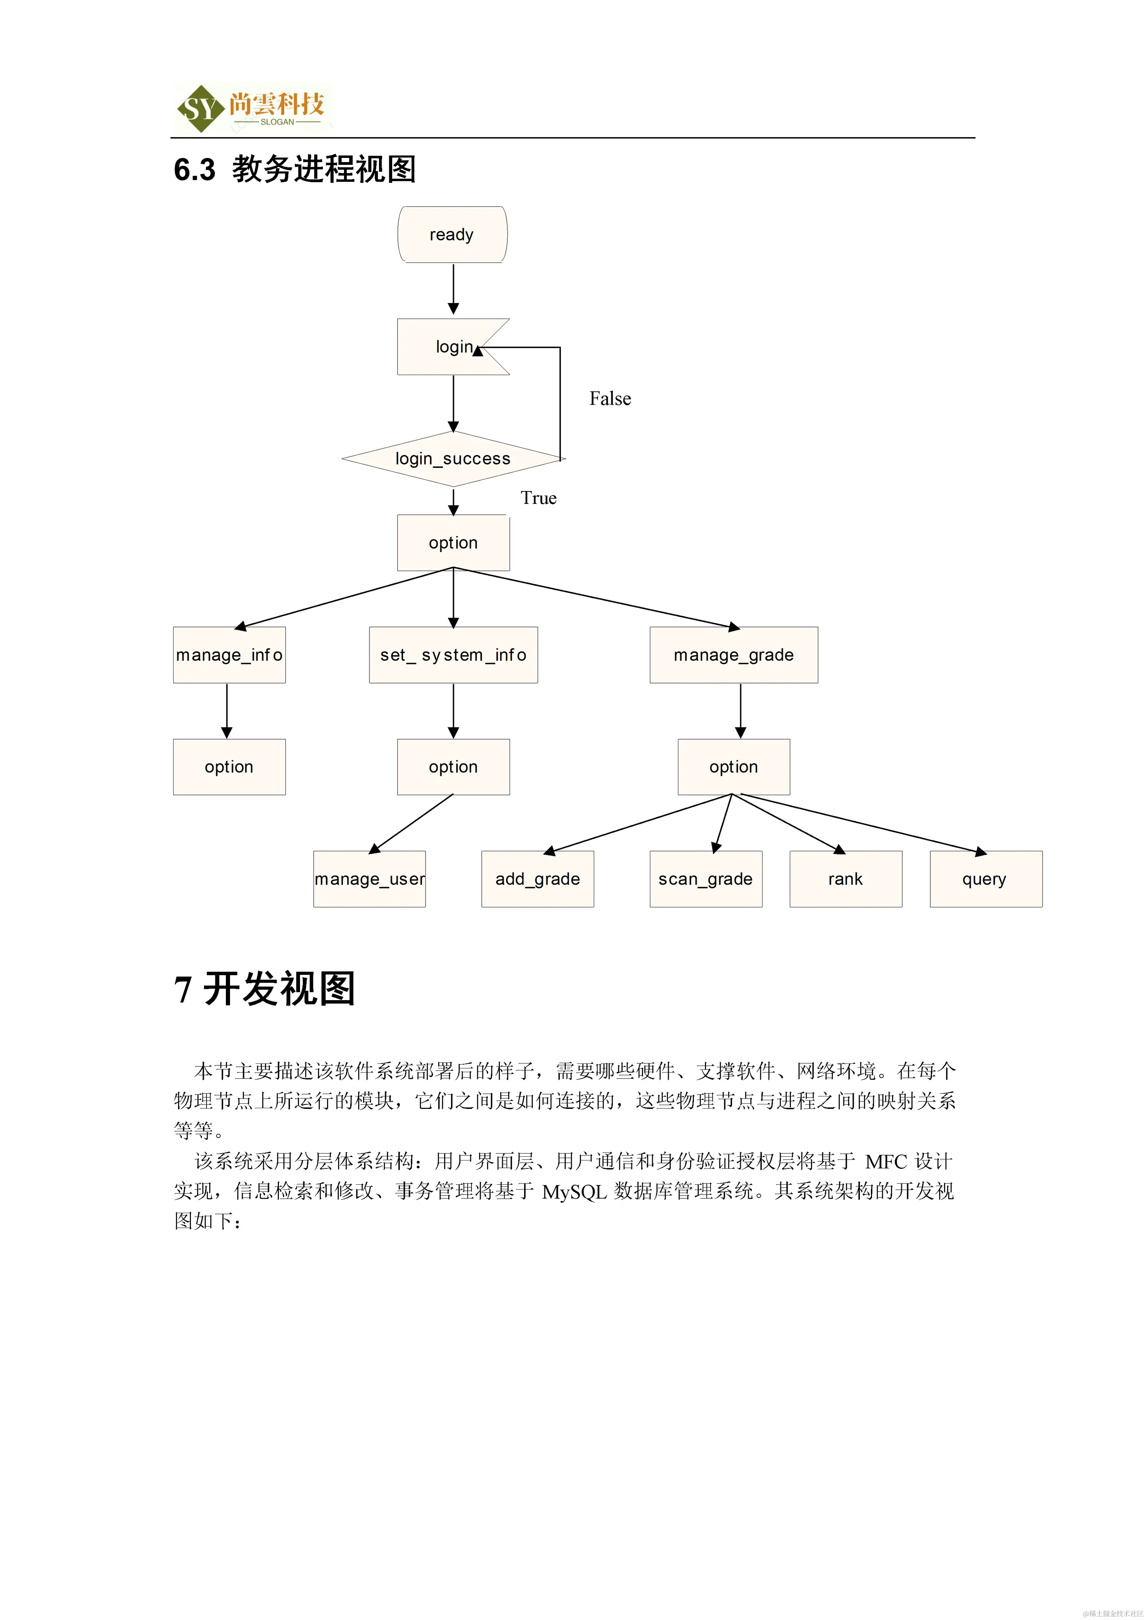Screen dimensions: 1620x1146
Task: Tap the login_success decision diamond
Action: (x=452, y=459)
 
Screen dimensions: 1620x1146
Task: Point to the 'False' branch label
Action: (x=610, y=399)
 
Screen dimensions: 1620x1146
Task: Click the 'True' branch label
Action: (x=539, y=498)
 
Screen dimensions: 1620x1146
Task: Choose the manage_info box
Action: (x=229, y=655)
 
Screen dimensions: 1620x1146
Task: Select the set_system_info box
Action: (x=453, y=655)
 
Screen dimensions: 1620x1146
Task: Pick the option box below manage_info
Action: (x=229, y=767)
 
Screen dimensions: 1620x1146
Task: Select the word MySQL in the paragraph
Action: (x=574, y=1192)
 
